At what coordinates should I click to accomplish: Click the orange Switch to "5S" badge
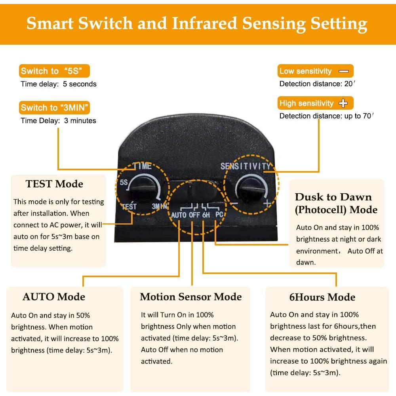point(54,71)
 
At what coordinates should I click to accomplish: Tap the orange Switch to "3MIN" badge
point(54,108)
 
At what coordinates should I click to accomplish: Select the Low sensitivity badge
point(316,71)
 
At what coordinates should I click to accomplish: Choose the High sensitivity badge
point(316,103)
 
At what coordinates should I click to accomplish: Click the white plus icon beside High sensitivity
point(343,103)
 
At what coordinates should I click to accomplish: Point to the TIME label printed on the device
point(143,166)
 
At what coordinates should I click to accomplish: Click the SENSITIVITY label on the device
point(245,166)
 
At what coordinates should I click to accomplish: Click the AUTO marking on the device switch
point(179,215)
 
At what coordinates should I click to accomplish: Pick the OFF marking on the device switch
point(194,215)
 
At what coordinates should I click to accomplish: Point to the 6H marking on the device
point(206,215)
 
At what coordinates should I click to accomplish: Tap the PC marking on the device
point(219,215)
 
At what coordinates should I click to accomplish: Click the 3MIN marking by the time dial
point(160,206)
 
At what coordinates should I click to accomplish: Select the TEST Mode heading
point(54,184)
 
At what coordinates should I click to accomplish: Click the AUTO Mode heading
point(54,297)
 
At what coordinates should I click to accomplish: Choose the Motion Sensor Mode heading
point(191,297)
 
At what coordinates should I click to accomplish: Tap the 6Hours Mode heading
point(322,297)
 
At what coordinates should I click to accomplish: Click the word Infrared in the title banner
point(204,23)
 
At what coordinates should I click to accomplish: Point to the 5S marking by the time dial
point(124,182)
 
